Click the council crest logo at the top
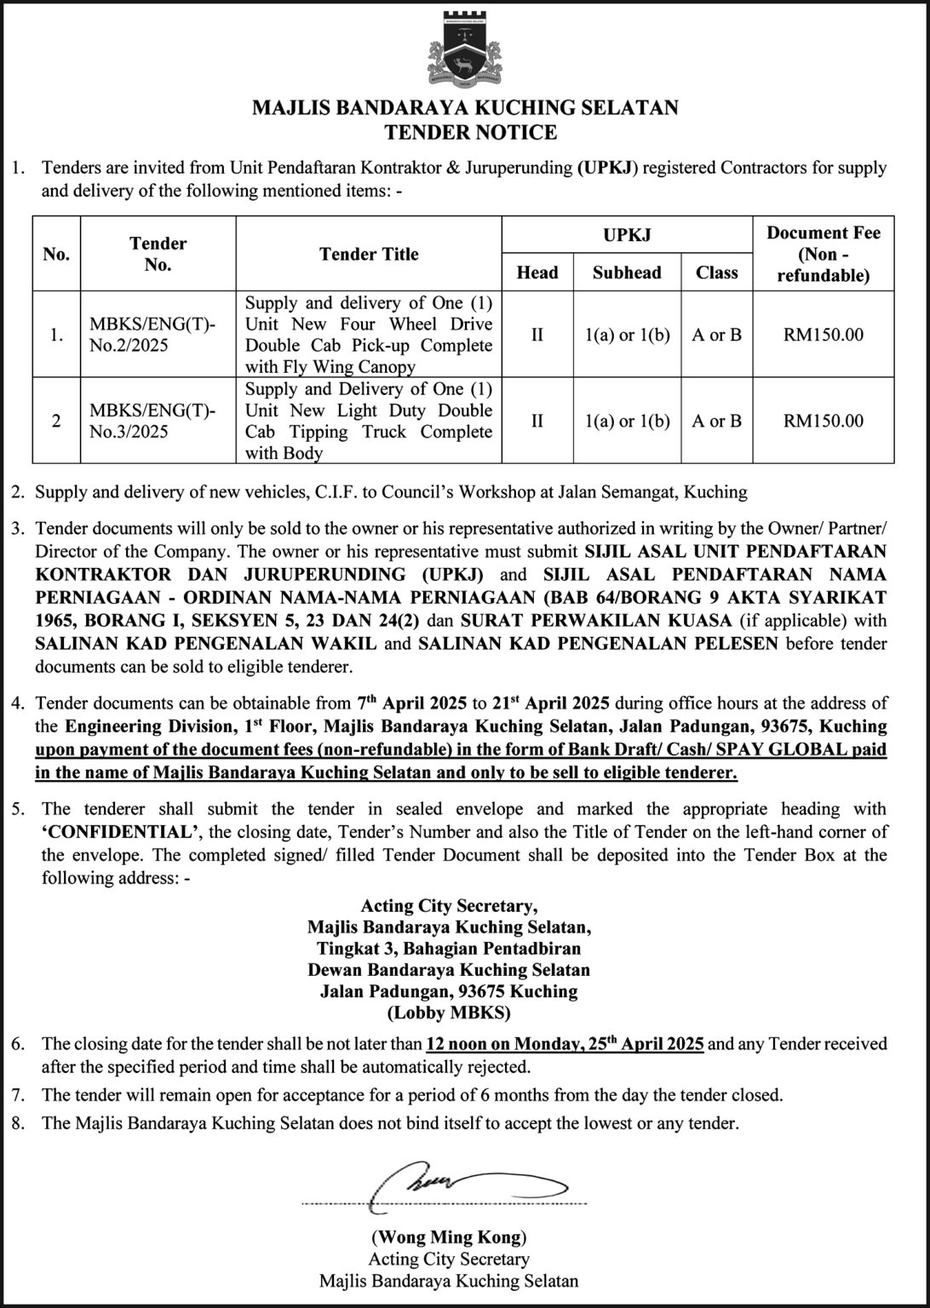(x=464, y=50)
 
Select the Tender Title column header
(x=369, y=254)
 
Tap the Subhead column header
(x=627, y=272)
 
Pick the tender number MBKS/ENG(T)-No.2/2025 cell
(x=153, y=335)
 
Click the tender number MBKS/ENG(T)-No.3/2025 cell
(x=153, y=421)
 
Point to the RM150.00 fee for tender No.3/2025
(x=823, y=421)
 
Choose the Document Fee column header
(x=823, y=254)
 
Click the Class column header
(x=716, y=272)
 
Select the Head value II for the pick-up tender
(x=537, y=335)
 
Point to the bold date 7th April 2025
(x=411, y=703)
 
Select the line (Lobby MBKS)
(x=449, y=1013)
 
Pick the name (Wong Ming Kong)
(x=449, y=1236)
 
